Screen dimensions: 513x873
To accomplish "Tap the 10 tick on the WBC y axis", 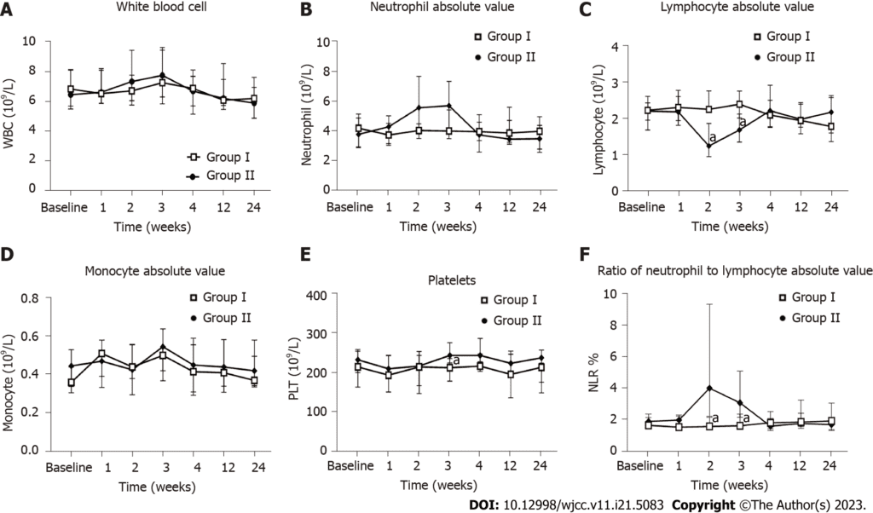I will point(54,42).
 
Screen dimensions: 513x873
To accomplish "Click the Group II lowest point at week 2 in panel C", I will point(709,146).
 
